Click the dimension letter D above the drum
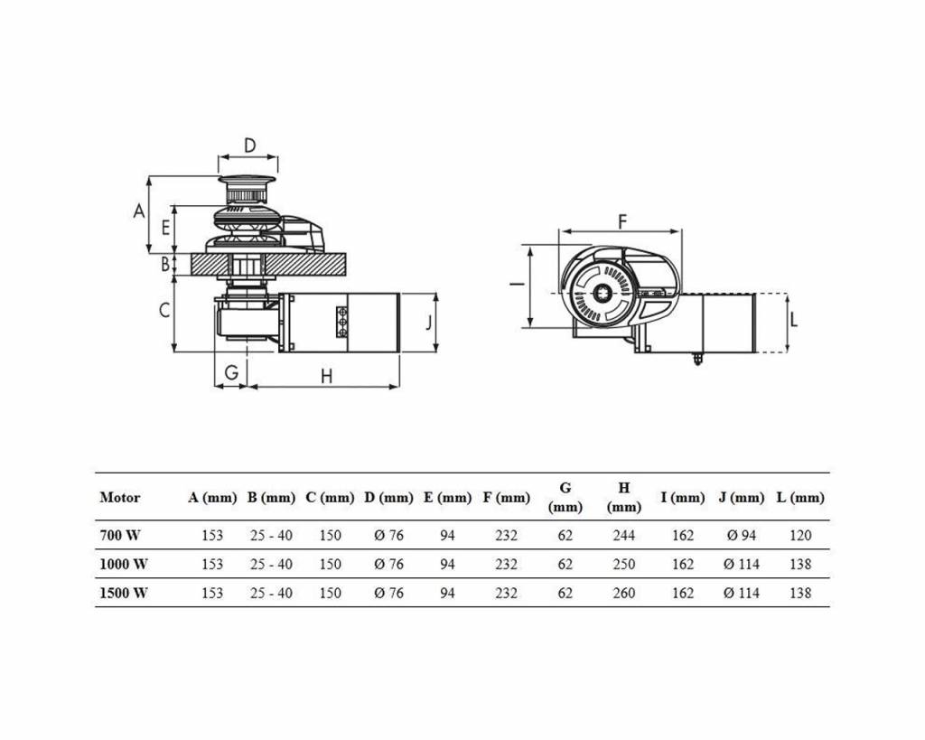click(x=250, y=145)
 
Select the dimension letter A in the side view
click(x=139, y=211)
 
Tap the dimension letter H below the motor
click(x=326, y=376)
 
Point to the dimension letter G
click(x=231, y=371)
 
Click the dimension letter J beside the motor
click(x=429, y=322)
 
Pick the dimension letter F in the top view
click(x=621, y=221)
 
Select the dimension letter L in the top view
click(x=793, y=319)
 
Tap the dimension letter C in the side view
click(x=164, y=310)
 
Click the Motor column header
click(x=120, y=497)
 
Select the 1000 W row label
click(x=124, y=564)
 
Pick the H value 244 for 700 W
click(x=623, y=535)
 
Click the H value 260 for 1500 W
click(x=623, y=593)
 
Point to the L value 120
click(x=800, y=535)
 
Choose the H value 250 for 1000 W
click(x=623, y=564)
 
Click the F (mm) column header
click(x=507, y=497)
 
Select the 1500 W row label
click(x=124, y=593)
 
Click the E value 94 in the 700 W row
click(x=447, y=535)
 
